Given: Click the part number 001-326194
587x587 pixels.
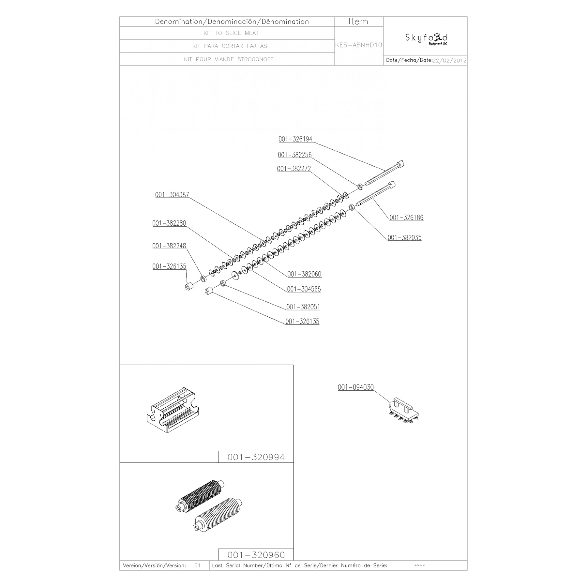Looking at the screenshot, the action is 295,139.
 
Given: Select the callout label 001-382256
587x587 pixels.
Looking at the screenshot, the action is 295,155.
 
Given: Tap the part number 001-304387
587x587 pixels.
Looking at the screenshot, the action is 172,195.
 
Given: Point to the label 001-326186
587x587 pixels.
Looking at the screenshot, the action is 406,218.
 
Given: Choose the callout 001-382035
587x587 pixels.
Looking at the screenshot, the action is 404,238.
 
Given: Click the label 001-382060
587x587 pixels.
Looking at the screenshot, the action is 304,274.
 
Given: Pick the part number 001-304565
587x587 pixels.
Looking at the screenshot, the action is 304,289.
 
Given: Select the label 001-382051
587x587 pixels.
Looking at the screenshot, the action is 303,307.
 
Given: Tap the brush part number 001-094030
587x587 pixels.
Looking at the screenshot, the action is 356,387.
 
